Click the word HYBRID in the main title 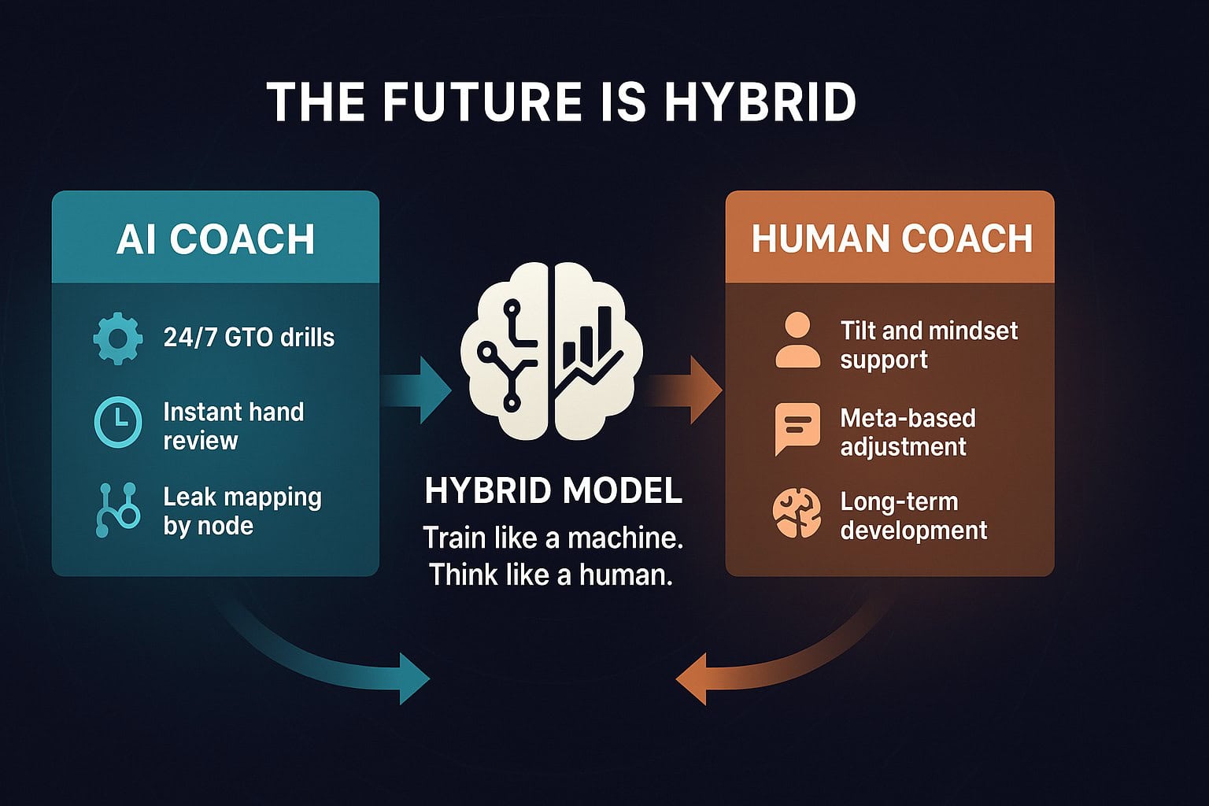(x=762, y=102)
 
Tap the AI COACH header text (x=216, y=239)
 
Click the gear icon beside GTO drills (x=118, y=338)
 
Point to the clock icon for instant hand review (x=118, y=422)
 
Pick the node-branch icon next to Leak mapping (x=117, y=510)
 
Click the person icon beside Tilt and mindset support (x=797, y=341)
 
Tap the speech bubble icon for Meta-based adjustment (x=797, y=429)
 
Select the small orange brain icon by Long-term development (x=797, y=513)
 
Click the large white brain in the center (x=552, y=351)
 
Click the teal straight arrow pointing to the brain (x=416, y=390)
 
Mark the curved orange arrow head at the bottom (x=692, y=678)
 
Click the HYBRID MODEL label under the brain (x=553, y=490)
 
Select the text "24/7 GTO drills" (x=249, y=338)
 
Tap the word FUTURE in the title (x=482, y=102)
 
